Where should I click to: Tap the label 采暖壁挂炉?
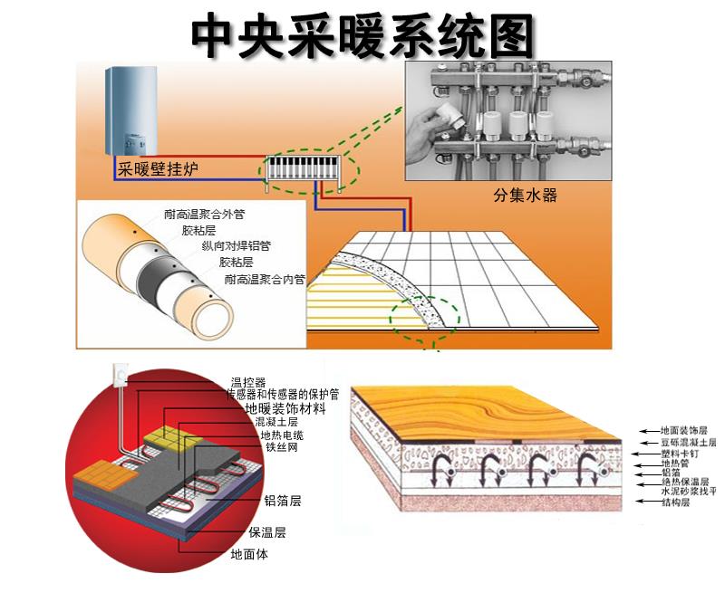[x=159, y=169]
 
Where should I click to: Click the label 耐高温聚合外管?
[x=205, y=215]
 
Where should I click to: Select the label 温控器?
[x=248, y=382]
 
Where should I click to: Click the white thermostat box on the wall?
[x=119, y=373]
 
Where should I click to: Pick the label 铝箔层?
[x=283, y=500]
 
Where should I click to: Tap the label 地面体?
[x=249, y=553]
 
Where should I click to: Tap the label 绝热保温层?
[x=685, y=483]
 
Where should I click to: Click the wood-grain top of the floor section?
[x=480, y=407]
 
